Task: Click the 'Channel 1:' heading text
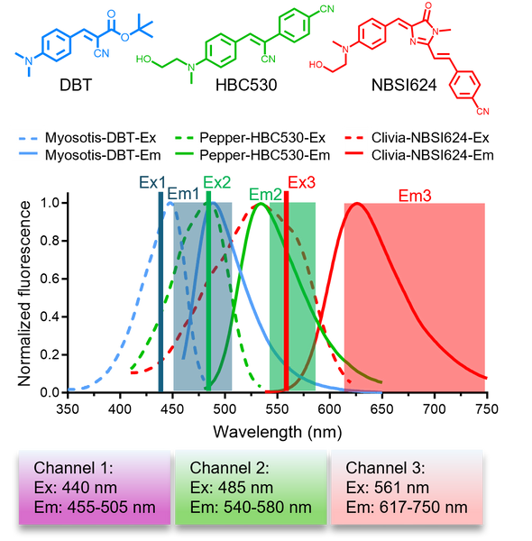pyautogui.click(x=74, y=468)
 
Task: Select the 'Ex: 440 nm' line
pyautogui.click(x=76, y=488)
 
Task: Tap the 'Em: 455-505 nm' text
pyautogui.click(x=95, y=508)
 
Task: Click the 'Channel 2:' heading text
pyautogui.click(x=230, y=468)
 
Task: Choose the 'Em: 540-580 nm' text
pyautogui.click(x=251, y=508)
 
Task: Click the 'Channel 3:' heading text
pyautogui.click(x=386, y=468)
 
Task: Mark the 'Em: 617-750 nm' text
pyautogui.click(x=407, y=508)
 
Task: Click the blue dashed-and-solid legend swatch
pyautogui.click(x=28, y=147)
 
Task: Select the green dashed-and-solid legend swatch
pyautogui.click(x=184, y=147)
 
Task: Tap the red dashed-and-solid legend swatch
pyautogui.click(x=353, y=147)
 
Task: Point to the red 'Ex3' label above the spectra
pyautogui.click(x=302, y=181)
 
